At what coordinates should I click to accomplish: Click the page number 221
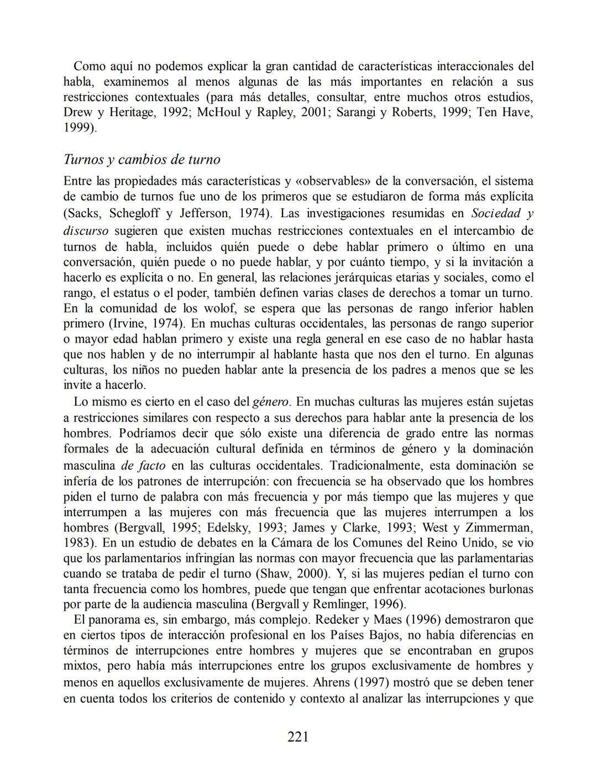(x=298, y=736)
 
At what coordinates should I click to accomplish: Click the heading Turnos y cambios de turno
(x=142, y=160)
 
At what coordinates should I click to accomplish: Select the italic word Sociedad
(x=496, y=213)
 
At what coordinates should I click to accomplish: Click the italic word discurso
(x=86, y=230)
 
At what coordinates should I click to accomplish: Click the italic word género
(x=270, y=402)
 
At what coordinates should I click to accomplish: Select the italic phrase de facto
(x=144, y=465)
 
